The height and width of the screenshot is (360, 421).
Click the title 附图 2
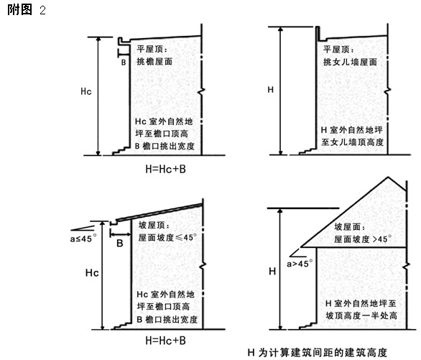(27, 10)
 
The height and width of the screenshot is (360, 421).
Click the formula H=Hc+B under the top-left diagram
(166, 169)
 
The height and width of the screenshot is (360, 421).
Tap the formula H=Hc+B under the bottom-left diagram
(166, 341)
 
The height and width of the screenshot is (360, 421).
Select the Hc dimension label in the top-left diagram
(86, 91)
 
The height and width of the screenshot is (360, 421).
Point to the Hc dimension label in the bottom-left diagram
(92, 273)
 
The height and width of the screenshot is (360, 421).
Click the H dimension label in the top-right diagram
(271, 89)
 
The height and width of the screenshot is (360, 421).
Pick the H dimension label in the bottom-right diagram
(272, 272)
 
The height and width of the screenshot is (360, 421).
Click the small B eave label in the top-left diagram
(124, 63)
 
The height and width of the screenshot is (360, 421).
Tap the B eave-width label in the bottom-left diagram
(120, 243)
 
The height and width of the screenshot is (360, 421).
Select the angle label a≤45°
(83, 238)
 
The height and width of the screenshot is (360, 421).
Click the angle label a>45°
(300, 264)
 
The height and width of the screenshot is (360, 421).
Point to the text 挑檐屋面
(154, 62)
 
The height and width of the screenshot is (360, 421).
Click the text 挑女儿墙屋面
(350, 62)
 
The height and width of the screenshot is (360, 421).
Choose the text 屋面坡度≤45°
(167, 238)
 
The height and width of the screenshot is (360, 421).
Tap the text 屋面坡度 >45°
(363, 239)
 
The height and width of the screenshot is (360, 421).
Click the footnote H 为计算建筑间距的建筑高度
(317, 353)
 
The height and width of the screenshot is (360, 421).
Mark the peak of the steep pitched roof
(388, 177)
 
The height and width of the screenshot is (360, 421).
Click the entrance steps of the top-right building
(307, 152)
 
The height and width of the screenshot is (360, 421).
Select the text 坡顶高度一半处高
(361, 315)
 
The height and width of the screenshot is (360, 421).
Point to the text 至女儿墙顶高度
(353, 142)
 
